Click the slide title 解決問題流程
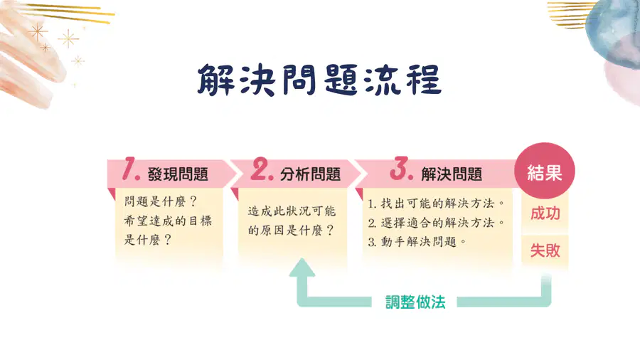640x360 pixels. point(319,80)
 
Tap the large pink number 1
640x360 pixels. point(131,169)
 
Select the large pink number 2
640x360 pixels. point(262,169)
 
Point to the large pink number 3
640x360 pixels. point(401,168)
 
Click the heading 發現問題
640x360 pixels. point(178,174)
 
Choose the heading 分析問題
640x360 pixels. point(310,174)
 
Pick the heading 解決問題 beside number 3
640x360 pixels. point(452,174)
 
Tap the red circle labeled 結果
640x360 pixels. point(545,171)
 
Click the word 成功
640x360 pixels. point(545,213)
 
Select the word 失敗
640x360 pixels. point(545,250)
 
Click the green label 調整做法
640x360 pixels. point(415,302)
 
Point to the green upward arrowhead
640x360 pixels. point(302,268)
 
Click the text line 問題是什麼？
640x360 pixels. point(161,201)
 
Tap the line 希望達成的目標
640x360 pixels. point(168,221)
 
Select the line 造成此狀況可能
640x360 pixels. point(292,211)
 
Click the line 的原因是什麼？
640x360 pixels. point(291,231)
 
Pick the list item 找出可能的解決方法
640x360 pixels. point(437,203)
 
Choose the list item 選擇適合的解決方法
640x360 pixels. point(437,223)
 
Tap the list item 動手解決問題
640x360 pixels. point(417,242)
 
